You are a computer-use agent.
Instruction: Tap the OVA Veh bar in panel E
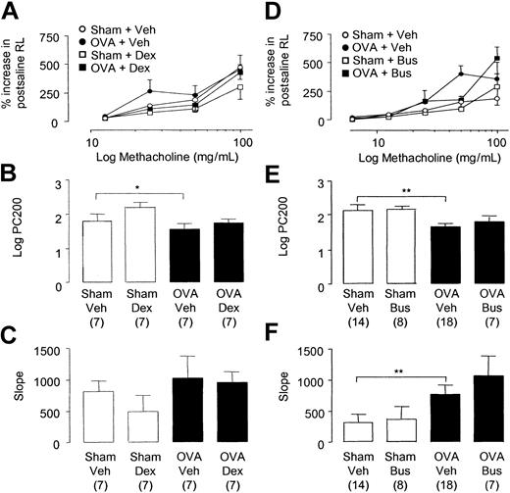[449, 255]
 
